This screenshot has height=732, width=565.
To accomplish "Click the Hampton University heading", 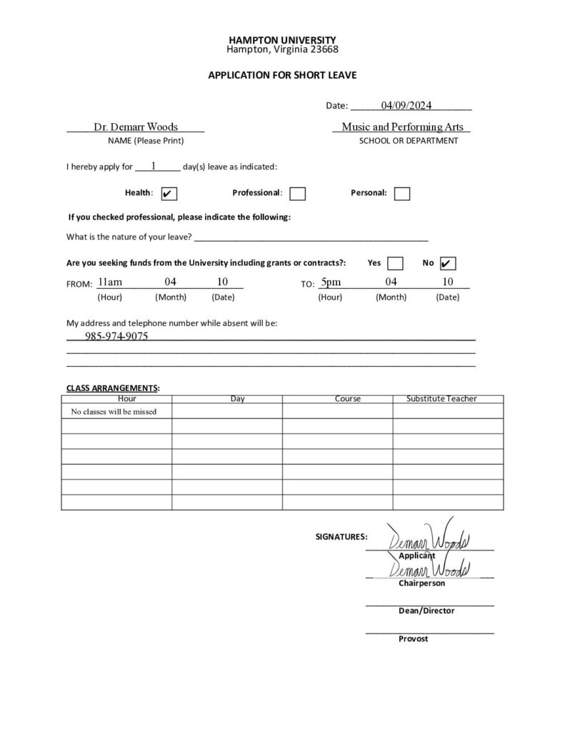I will coord(282,40).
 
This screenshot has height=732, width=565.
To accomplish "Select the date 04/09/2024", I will coord(406,106).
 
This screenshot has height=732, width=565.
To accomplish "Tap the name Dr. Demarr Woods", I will coord(136,127).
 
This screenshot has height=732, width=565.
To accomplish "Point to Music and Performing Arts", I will coord(402,127).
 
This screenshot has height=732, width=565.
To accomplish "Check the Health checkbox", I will coord(169,194).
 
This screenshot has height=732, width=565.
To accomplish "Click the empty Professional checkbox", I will coord(298,194).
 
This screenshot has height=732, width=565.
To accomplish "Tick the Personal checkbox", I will coord(402,194).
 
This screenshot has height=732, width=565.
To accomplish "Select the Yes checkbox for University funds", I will coord(395,263).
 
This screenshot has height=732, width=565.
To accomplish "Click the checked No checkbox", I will coord(449,263).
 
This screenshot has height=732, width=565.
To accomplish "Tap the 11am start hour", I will coord(111,282).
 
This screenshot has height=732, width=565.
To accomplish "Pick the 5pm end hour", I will coord(331,282).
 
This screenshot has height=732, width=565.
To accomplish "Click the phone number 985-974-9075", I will coord(116,336).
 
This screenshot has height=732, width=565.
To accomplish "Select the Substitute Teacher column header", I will coord(441,399).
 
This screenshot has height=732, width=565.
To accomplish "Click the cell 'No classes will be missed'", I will coord(114,412).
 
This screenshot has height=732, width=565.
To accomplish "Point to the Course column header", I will coord(347,399).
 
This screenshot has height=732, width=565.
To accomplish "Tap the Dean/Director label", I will coord(426,610).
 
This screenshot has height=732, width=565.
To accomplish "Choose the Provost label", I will coord(414,638).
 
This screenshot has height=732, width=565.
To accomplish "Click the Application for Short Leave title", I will coord(282,74).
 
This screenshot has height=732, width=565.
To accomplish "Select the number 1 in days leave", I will coord(154,166).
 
